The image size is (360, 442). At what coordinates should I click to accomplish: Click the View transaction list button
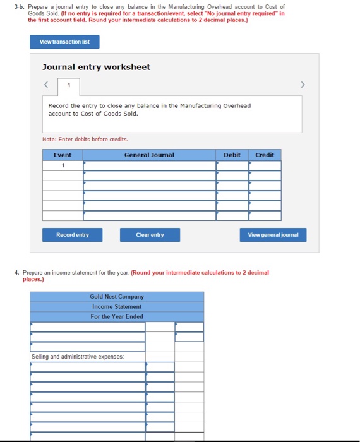(x=64, y=42)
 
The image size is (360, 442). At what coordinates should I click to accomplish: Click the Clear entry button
(x=150, y=235)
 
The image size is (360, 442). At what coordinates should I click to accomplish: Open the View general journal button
(x=273, y=235)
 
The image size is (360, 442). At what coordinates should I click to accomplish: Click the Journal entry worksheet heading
(x=96, y=67)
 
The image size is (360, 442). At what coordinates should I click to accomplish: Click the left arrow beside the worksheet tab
(x=46, y=85)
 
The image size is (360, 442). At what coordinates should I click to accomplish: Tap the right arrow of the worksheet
(x=303, y=85)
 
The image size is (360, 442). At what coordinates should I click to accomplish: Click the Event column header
(x=63, y=155)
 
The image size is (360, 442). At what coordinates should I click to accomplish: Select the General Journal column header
(x=149, y=155)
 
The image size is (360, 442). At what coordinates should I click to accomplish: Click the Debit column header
(x=232, y=155)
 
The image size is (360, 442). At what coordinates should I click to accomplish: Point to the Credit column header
(x=265, y=155)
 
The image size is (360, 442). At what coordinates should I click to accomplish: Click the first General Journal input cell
(x=149, y=165)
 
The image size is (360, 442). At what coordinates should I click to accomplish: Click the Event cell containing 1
(x=63, y=165)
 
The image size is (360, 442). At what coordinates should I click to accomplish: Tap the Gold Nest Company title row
(x=117, y=296)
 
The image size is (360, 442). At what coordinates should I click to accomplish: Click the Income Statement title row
(x=117, y=306)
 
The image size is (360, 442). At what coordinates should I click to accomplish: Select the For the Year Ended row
(x=117, y=316)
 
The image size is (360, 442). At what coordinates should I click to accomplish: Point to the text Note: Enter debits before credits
(x=85, y=139)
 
